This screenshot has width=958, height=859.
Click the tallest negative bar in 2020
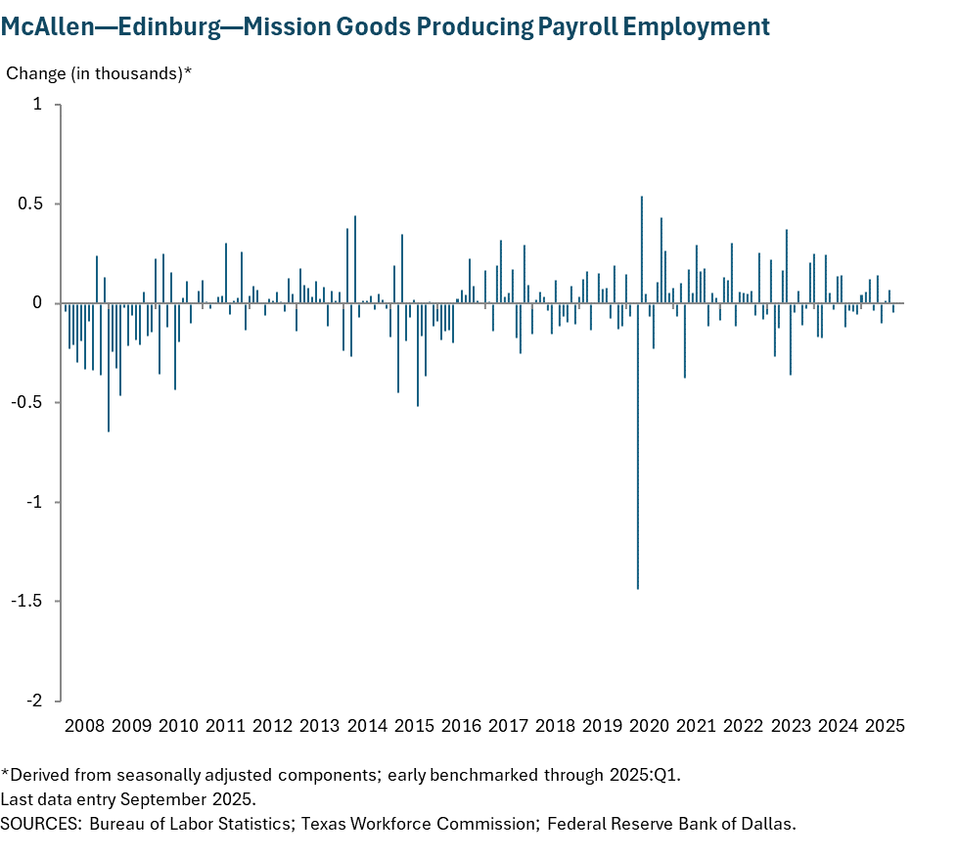click(x=638, y=445)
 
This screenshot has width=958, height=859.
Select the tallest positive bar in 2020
click(x=642, y=249)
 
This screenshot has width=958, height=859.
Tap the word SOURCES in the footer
click(x=41, y=823)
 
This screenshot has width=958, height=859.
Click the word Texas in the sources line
click(x=323, y=823)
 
